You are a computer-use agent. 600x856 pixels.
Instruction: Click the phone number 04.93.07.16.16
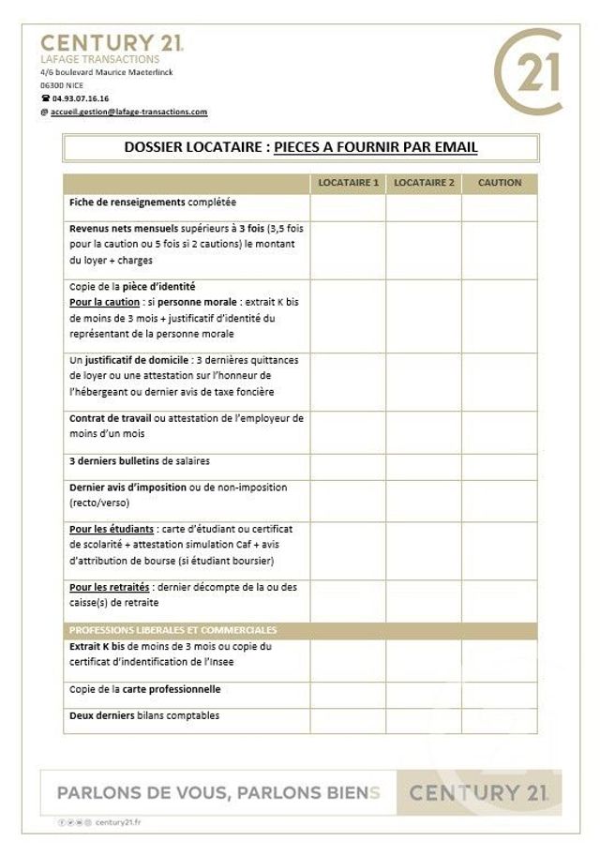(x=81, y=98)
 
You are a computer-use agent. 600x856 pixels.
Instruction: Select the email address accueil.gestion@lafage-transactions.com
(x=128, y=112)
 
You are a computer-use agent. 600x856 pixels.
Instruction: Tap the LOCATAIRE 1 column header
(x=348, y=182)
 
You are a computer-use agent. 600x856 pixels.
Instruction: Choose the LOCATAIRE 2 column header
(x=424, y=182)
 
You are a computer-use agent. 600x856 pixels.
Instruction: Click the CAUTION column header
(x=500, y=182)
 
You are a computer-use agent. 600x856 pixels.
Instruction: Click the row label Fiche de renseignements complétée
(x=153, y=203)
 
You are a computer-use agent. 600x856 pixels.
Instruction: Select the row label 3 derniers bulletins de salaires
(x=140, y=460)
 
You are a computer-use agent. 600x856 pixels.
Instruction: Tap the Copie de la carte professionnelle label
(x=145, y=689)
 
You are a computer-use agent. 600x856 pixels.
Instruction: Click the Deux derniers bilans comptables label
(x=144, y=715)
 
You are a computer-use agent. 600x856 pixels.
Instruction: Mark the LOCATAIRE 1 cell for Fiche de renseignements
(x=348, y=205)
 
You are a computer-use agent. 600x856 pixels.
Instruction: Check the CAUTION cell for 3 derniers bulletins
(x=500, y=463)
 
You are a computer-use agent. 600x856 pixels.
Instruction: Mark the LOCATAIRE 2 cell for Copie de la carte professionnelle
(x=424, y=692)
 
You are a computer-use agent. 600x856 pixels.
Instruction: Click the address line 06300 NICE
(x=62, y=84)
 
